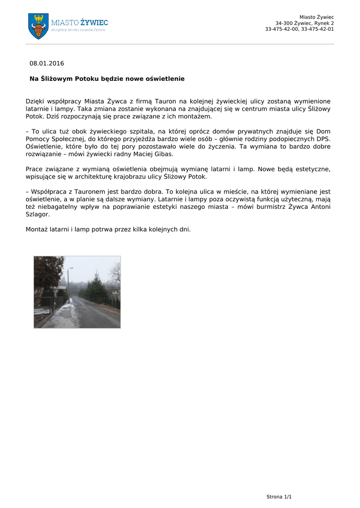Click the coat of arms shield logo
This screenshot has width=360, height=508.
click(x=38, y=26)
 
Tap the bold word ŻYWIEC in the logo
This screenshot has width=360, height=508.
click(x=94, y=22)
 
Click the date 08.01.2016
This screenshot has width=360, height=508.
click(x=47, y=63)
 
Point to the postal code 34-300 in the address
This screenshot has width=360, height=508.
click(x=284, y=23)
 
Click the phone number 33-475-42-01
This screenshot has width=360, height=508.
click(x=317, y=29)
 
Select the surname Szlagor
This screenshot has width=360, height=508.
click(x=38, y=215)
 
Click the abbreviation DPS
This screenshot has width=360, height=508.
click(x=323, y=139)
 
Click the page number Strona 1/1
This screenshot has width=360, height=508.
click(x=279, y=497)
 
